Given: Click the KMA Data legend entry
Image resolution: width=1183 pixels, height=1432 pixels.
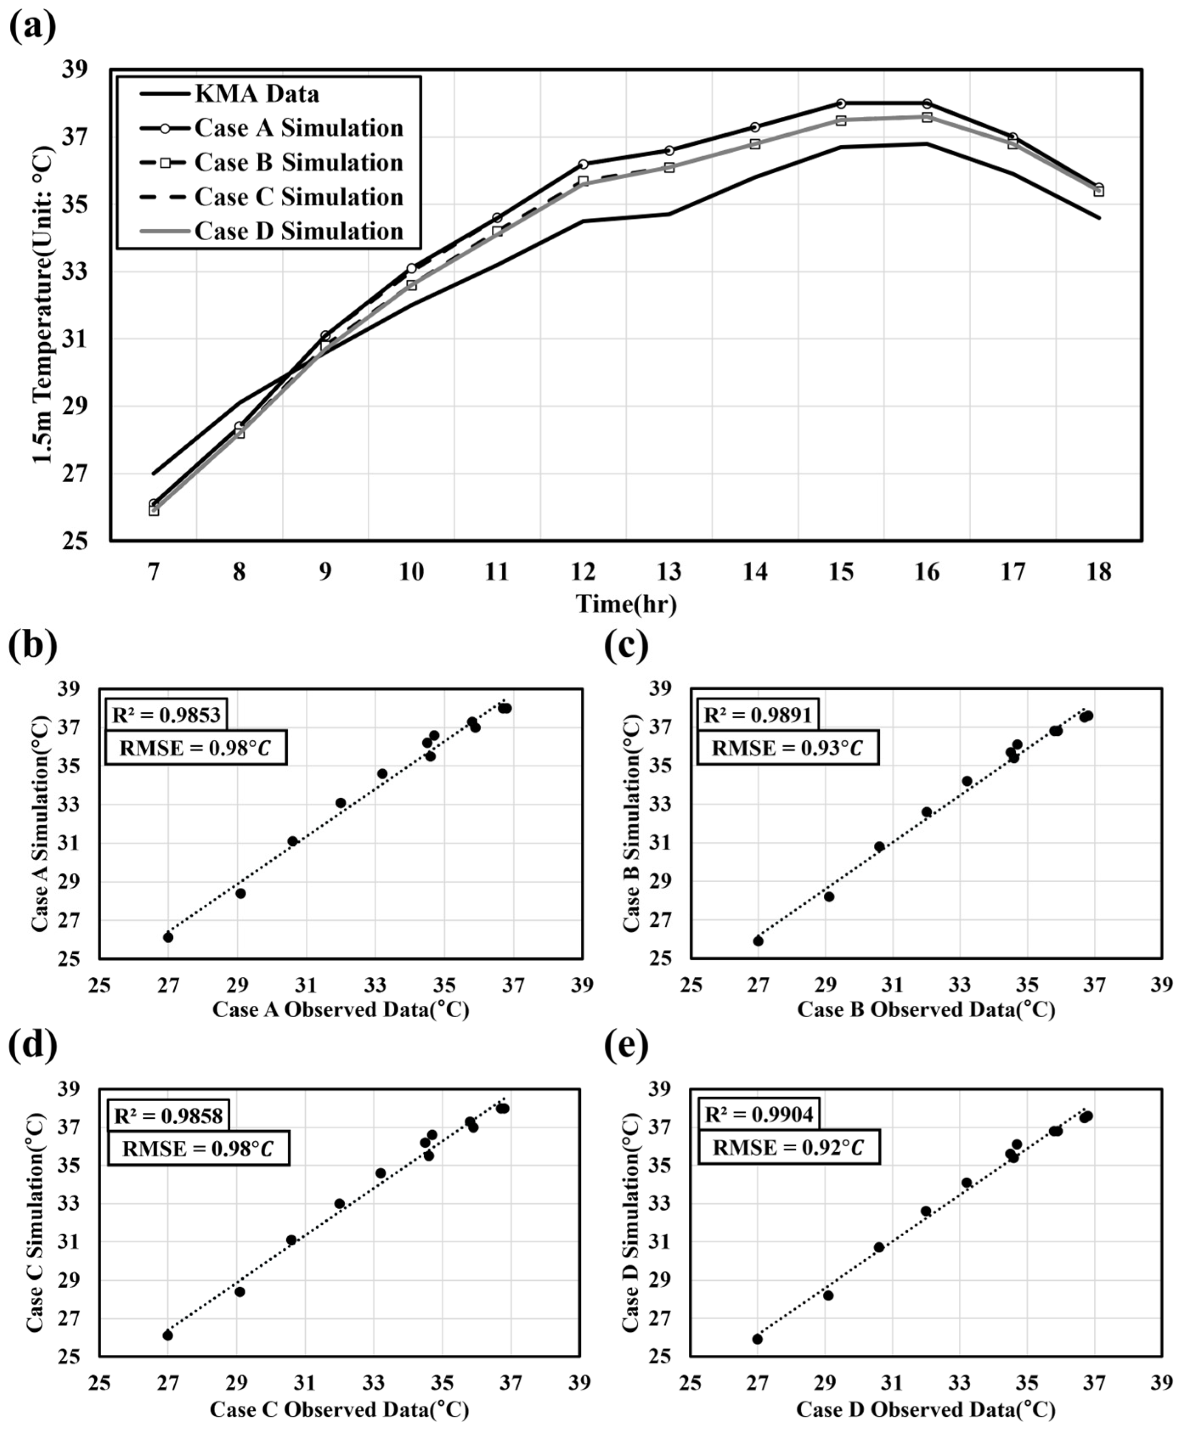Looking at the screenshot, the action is click(x=230, y=93).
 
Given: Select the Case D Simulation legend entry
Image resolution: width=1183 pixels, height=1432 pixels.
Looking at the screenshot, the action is click(x=272, y=231).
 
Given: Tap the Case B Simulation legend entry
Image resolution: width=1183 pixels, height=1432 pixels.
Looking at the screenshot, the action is click(x=272, y=162).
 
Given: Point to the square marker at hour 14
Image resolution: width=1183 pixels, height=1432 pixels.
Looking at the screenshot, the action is click(x=755, y=144).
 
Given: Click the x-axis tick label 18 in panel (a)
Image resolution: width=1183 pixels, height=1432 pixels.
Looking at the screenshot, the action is click(x=1098, y=571).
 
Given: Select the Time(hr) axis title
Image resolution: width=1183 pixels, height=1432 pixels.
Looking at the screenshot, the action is click(x=626, y=604).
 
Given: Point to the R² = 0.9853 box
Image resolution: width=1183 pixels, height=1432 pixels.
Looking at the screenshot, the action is click(x=166, y=715).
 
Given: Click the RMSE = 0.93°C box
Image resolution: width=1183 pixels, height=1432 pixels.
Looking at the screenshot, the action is click(x=787, y=748).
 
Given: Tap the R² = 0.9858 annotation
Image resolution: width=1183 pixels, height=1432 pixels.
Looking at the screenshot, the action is click(x=168, y=1116).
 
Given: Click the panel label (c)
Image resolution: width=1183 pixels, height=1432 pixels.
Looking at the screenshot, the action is click(x=625, y=646).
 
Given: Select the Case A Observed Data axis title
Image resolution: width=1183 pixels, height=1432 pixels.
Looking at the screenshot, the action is click(x=341, y=1009).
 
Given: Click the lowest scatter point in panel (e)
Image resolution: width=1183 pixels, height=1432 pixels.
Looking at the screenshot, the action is click(x=757, y=1339).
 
